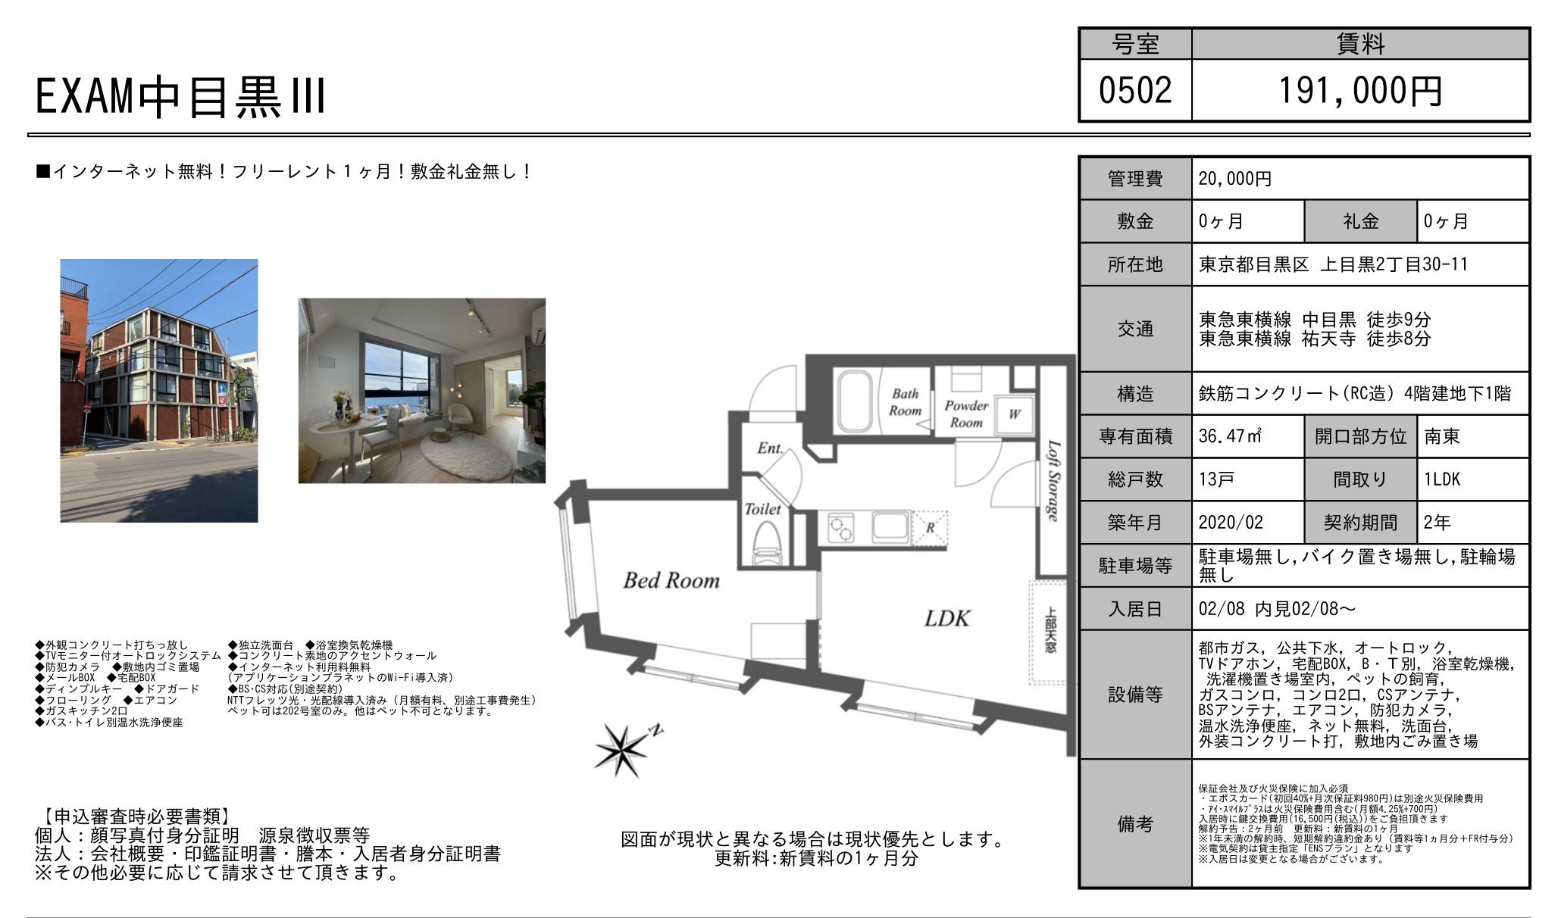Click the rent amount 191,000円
[1360, 91]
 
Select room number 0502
[1135, 91]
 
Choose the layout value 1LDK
[1442, 479]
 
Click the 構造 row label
[1135, 394]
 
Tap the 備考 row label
[1135, 824]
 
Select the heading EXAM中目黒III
[180, 97]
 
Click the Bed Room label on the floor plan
[671, 581]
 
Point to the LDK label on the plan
[947, 619]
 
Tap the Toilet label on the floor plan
[762, 509]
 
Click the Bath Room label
[905, 402]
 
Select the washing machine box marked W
[1014, 414]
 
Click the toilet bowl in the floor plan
[765, 546]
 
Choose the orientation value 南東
[1441, 436]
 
